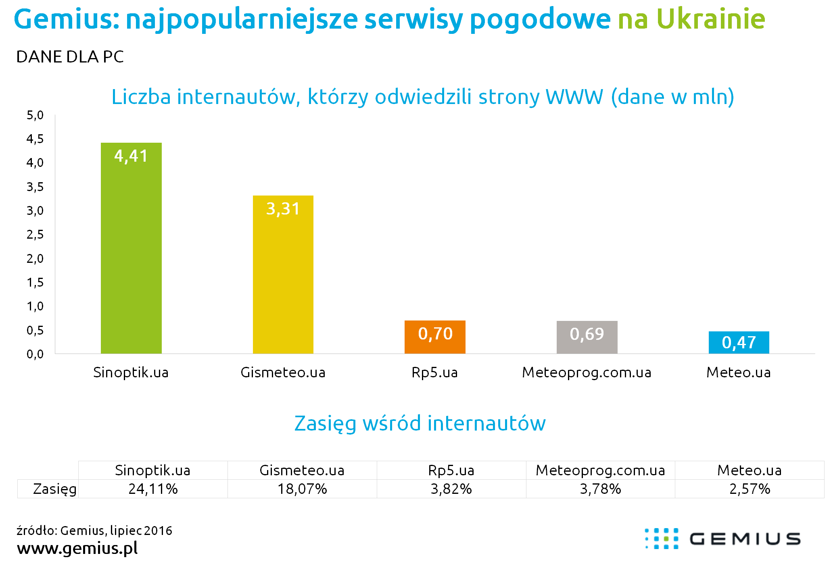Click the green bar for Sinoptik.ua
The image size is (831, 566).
[131, 248]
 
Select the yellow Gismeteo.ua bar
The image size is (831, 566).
[283, 275]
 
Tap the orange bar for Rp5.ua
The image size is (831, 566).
[435, 337]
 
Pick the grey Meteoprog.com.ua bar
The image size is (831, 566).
[587, 337]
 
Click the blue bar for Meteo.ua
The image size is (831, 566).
[739, 343]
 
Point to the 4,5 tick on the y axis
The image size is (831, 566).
[35, 139]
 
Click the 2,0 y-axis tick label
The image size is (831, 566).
[35, 259]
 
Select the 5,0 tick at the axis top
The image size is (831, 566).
[35, 116]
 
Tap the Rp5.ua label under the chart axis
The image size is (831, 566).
[435, 372]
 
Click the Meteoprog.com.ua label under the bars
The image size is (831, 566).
[587, 372]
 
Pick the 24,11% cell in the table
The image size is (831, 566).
[153, 489]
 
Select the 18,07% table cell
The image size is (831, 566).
[302, 489]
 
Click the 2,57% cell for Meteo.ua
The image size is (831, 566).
[750, 489]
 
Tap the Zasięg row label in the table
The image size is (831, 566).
[55, 489]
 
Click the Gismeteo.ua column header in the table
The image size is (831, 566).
[302, 470]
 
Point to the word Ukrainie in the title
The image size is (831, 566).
[711, 19]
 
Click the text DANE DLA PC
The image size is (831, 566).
[70, 57]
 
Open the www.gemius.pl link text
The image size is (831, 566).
[77, 548]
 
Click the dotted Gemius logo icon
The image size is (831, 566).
[662, 539]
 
